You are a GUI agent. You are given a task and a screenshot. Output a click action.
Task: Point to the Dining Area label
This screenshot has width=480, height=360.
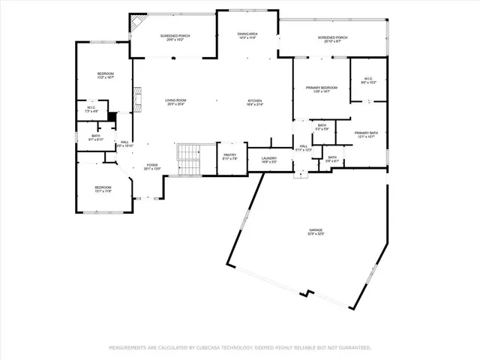(247, 34)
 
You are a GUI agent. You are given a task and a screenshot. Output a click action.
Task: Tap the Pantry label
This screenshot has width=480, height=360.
(229, 157)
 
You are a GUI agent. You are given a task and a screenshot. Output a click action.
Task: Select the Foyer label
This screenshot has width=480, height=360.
(152, 166)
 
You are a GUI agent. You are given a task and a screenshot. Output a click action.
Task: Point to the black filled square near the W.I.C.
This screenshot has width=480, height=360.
(112, 116)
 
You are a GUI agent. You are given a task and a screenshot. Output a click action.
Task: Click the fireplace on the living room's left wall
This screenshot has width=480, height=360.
(137, 97)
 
